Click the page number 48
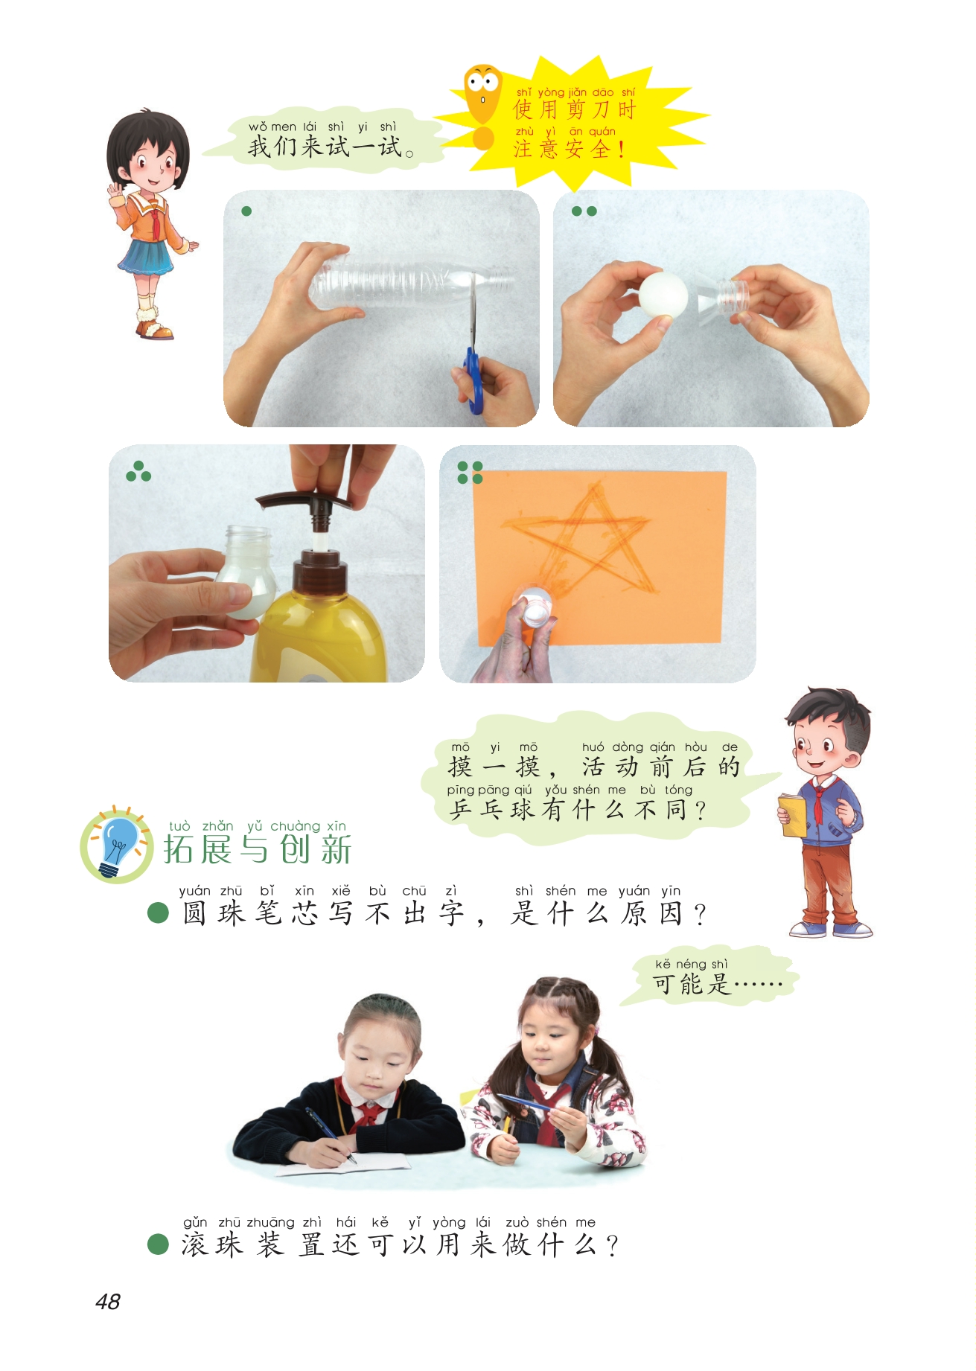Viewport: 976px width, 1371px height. tap(108, 1301)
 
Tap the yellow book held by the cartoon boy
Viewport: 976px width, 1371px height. tap(793, 814)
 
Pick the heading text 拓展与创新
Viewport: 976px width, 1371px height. tap(258, 849)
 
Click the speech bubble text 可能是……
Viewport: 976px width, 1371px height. tap(718, 984)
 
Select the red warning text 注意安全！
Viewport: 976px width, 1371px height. tap(570, 149)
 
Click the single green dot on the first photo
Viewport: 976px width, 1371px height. tap(246, 211)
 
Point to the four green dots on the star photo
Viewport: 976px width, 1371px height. tap(470, 472)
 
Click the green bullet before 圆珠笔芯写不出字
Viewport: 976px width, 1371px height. tap(158, 913)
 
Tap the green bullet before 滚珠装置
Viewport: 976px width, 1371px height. tap(158, 1244)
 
